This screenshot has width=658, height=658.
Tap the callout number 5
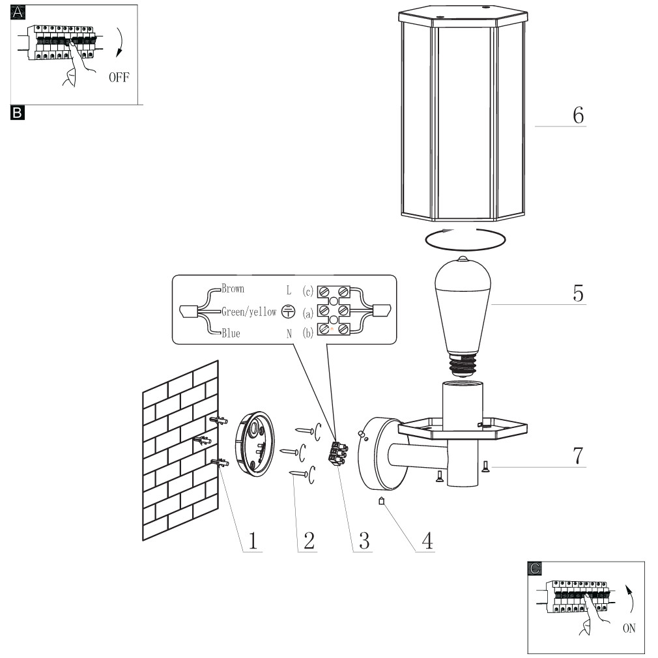tap(578, 293)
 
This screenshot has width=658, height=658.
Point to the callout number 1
tap(253, 540)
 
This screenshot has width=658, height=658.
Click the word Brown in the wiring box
tap(233, 289)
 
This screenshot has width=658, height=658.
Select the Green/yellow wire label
tap(249, 311)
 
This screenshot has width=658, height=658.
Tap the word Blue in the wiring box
tap(230, 334)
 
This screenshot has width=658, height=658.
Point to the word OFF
tap(119, 77)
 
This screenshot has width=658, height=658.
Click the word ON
tap(629, 629)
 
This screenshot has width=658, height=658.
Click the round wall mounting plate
tap(254, 442)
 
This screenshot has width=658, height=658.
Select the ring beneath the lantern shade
tap(466, 238)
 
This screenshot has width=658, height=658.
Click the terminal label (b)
tap(308, 333)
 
